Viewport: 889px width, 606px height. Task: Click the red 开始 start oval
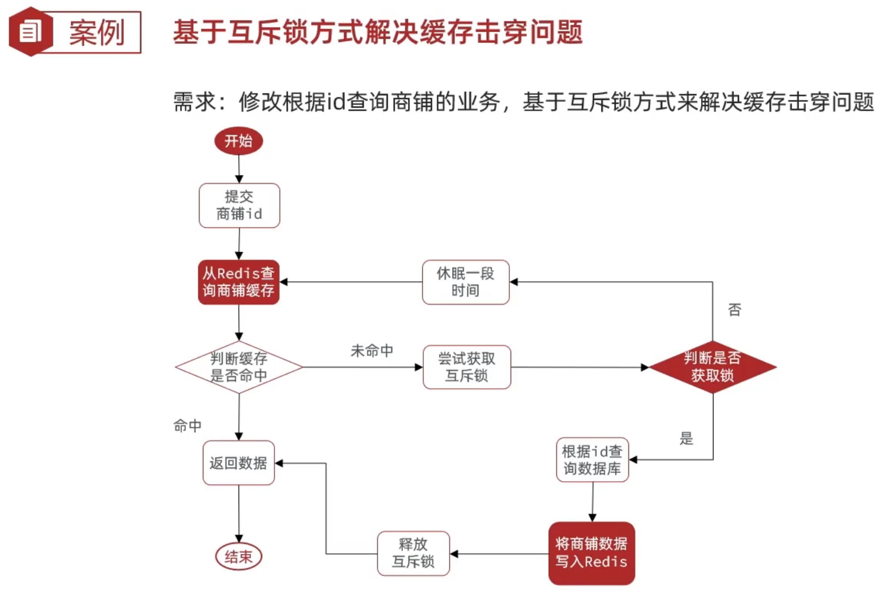[238, 141]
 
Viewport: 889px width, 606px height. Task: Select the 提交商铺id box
[239, 206]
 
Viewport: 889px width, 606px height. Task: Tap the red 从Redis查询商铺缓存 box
[238, 282]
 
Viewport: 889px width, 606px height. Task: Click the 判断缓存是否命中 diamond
[239, 367]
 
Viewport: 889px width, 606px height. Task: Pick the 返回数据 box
[238, 463]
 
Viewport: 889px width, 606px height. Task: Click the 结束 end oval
[238, 557]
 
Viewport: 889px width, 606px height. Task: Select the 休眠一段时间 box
[466, 282]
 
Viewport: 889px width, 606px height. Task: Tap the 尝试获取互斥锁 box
[467, 367]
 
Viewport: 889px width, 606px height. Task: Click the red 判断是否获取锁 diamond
[712, 367]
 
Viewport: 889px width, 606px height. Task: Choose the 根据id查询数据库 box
[592, 460]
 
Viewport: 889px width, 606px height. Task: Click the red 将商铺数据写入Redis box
[591, 553]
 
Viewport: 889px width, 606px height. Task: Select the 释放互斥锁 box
[413, 553]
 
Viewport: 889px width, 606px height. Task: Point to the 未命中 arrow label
[372, 351]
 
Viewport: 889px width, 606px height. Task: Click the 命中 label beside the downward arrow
[187, 426]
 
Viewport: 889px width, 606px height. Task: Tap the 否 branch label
[734, 310]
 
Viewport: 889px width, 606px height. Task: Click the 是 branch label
[687, 439]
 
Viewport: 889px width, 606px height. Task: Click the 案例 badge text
[97, 33]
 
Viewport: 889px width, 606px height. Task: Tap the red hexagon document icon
[30, 32]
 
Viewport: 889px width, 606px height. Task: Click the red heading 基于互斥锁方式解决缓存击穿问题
[378, 32]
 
